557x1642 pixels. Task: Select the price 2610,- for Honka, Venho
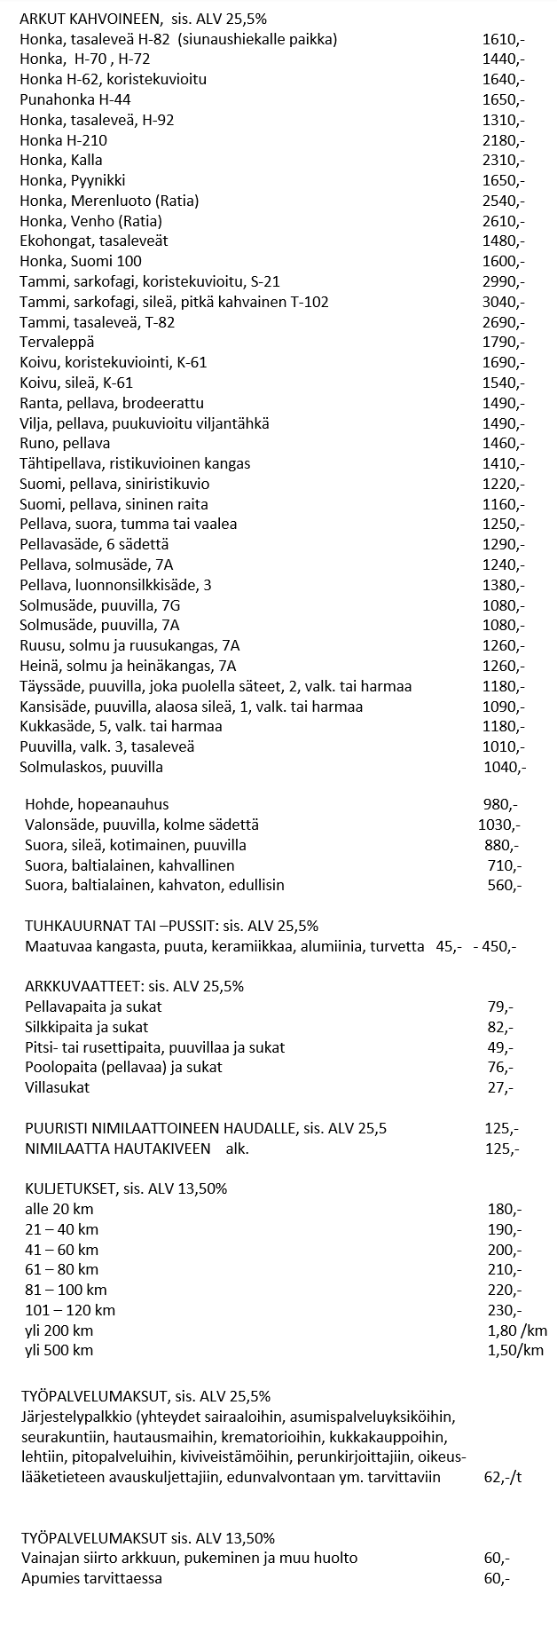(x=503, y=220)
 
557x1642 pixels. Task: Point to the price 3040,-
(x=503, y=302)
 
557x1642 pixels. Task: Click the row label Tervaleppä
(x=57, y=342)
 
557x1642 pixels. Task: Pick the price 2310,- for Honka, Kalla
(x=503, y=160)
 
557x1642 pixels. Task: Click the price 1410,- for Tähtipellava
(x=503, y=463)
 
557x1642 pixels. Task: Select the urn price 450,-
(x=499, y=946)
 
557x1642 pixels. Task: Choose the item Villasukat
(x=58, y=1087)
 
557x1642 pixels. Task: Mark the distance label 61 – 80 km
(x=62, y=1269)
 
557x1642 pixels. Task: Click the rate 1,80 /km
(x=517, y=1330)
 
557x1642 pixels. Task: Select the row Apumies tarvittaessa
(x=91, y=1578)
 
